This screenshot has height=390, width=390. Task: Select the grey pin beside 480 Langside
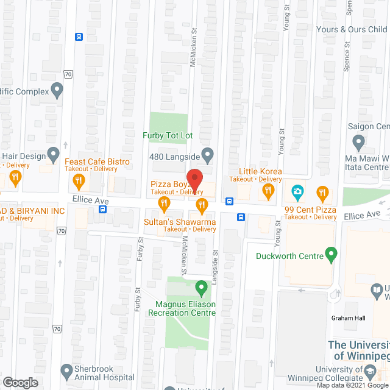tap(207, 155)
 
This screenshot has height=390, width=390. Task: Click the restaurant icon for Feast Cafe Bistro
tap(79, 180)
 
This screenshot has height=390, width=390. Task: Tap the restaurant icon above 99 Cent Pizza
tap(322, 194)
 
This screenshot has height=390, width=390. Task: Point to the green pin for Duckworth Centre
tap(331, 255)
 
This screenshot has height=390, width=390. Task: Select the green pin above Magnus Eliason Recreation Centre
tap(200, 286)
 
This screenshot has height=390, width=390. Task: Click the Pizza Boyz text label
tap(166, 183)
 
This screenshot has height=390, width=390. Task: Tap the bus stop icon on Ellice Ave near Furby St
tap(102, 210)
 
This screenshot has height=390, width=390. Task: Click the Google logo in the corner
tap(20, 383)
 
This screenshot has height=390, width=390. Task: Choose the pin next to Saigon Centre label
tap(359, 143)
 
